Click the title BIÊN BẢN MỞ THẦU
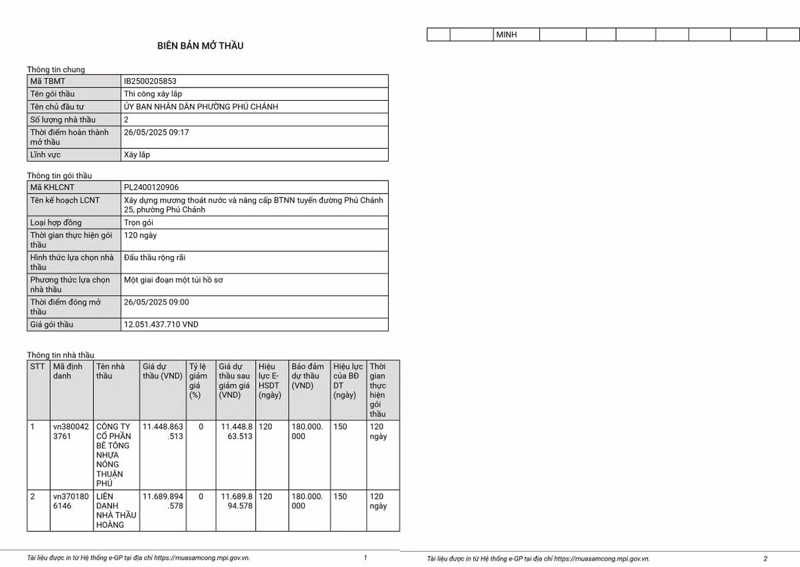[x=201, y=46]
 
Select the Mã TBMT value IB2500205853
[x=150, y=81]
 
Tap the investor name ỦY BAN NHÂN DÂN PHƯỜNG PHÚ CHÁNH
[x=201, y=107]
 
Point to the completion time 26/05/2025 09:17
[x=156, y=132]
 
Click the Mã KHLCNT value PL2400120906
[x=151, y=187]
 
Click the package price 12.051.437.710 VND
[x=161, y=324]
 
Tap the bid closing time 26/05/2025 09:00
[x=156, y=302]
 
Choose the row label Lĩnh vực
[x=45, y=155]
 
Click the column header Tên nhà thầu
[x=111, y=371]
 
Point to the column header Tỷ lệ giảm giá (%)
[x=198, y=380]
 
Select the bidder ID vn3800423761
[x=69, y=431]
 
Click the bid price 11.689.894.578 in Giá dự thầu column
[x=163, y=501]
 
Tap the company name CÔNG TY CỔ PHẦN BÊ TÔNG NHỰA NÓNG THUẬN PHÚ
[x=113, y=454]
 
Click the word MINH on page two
[x=507, y=35]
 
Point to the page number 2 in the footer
[x=765, y=558]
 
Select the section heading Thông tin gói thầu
[x=59, y=175]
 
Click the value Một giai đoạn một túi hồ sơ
[x=173, y=280]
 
